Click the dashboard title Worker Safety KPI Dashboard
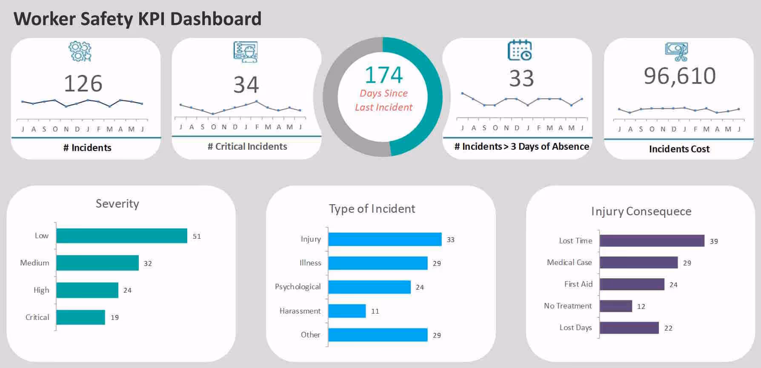pos(137,19)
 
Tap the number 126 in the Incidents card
pos(83,83)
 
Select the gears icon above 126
pos(80,51)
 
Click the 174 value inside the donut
pos(383,75)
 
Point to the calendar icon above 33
pos(519,50)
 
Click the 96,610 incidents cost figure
pos(680,76)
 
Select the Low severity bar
pos(122,236)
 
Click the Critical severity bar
pos(80,317)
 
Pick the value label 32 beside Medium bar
pos(148,263)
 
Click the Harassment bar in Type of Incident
pos(347,311)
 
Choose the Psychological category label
pos(298,287)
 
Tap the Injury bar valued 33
pos(385,240)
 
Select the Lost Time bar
pos(652,241)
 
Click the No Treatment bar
pos(615,306)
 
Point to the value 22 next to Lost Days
pos(668,328)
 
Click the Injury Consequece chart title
pos(641,211)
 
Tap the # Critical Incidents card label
pos(247,147)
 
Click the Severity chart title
pos(117,204)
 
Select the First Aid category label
pos(578,284)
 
